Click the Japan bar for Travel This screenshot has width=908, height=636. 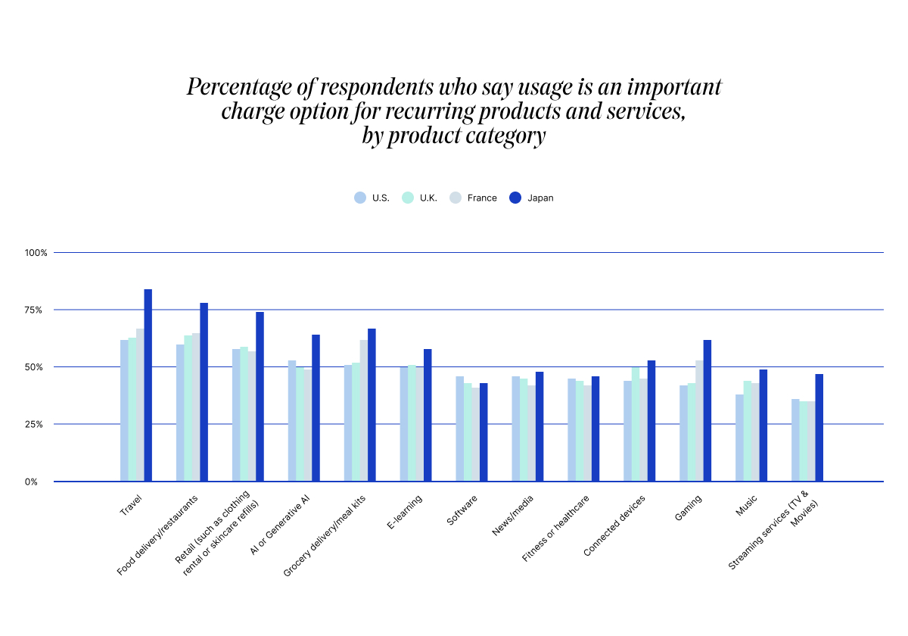tap(148, 385)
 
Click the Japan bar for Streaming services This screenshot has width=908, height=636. tap(819, 428)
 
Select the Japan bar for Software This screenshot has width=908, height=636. tap(484, 432)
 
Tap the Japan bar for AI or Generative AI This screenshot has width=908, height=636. tap(316, 408)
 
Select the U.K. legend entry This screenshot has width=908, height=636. tap(421, 198)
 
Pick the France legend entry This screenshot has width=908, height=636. tap(474, 198)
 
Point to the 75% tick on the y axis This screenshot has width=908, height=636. tap(37, 310)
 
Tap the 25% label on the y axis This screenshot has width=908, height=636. tap(37, 424)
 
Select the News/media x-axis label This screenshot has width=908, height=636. tap(512, 515)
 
